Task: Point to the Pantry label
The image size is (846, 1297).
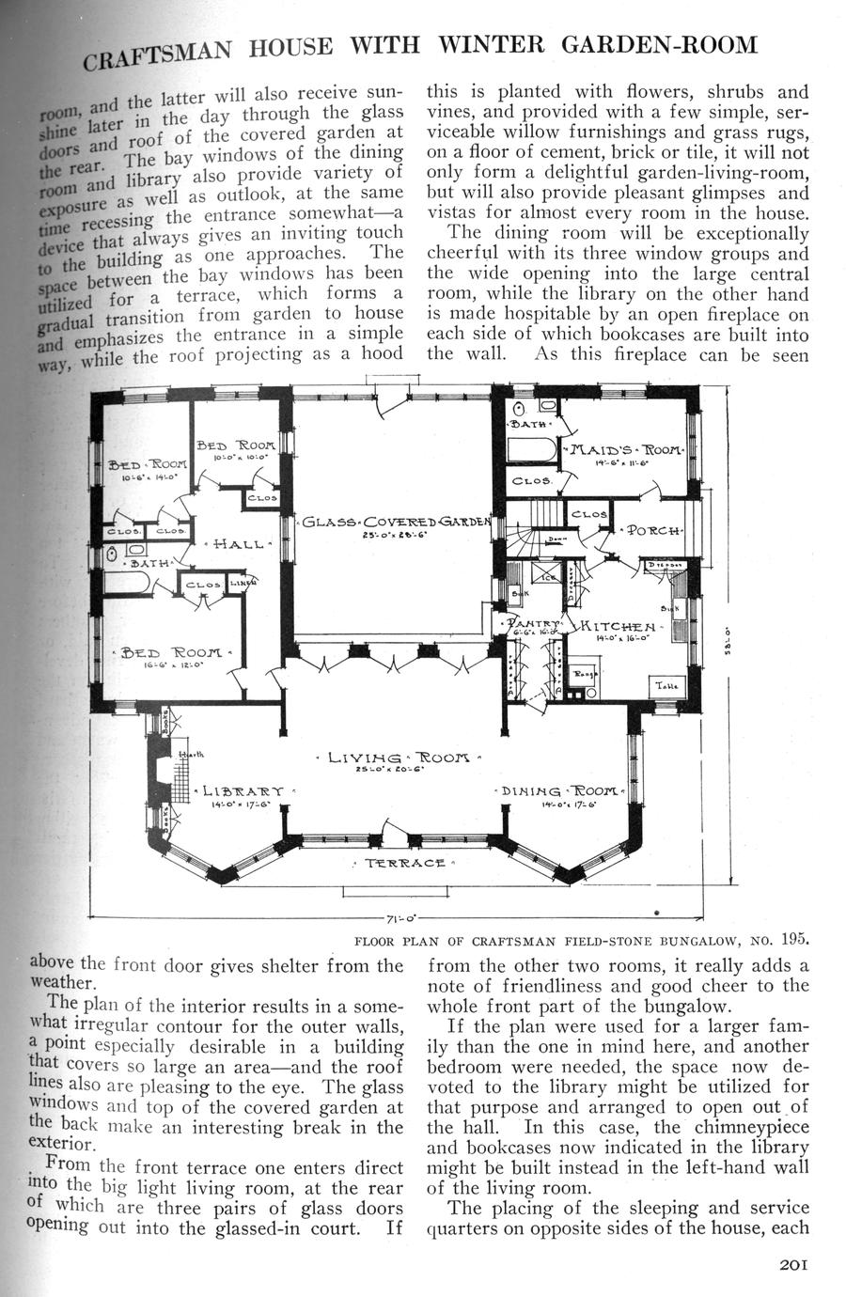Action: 531,623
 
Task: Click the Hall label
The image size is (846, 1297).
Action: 242,543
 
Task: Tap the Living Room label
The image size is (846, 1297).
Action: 399,758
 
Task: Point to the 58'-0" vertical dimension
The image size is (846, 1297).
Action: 730,644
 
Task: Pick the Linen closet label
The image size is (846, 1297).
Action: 241,583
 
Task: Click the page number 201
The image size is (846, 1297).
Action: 794,1264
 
